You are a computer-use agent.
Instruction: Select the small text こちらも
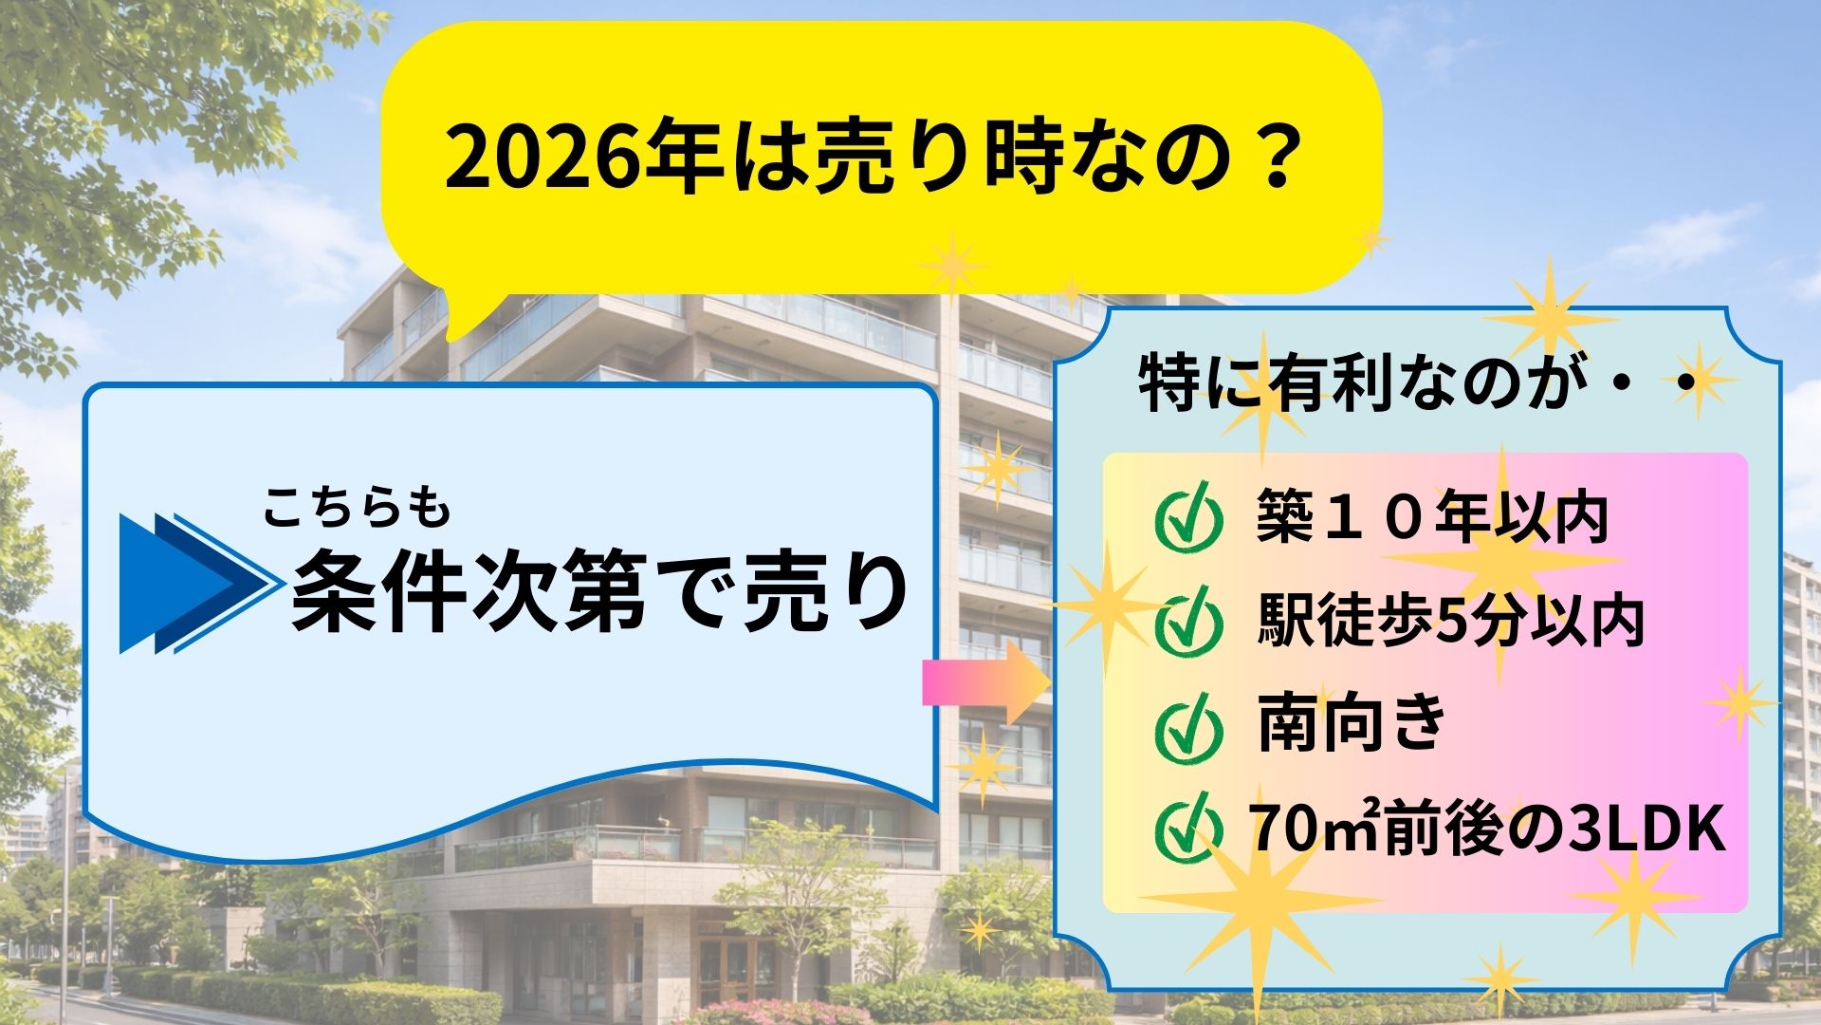point(356,508)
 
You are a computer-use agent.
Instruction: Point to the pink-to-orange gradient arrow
point(986,681)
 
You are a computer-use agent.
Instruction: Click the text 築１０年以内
point(1432,517)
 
